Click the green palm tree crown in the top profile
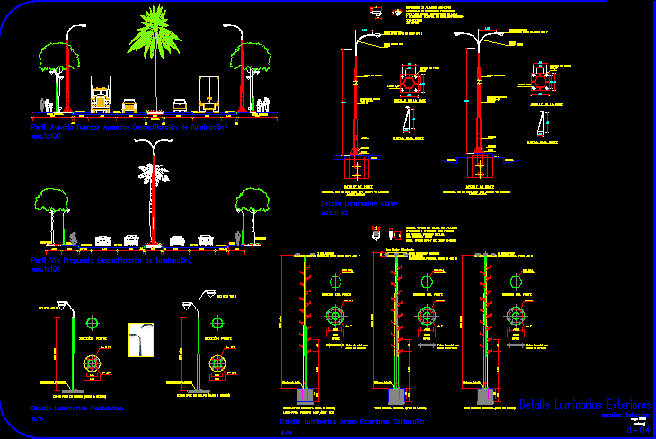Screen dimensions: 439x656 pyautogui.click(x=154, y=31)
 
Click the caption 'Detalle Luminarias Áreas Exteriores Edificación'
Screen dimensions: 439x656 pyautogui.click(x=351, y=421)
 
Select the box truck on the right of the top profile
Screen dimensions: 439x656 pyautogui.click(x=210, y=94)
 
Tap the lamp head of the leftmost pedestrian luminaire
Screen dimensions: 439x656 pyautogui.click(x=63, y=304)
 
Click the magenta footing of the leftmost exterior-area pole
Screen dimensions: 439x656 pyautogui.click(x=304, y=395)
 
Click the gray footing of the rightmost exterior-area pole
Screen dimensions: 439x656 pyautogui.click(x=486, y=394)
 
